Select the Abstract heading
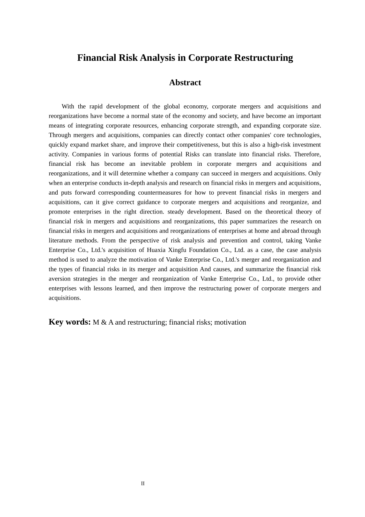pos(185,82)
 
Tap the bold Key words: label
pos(70,322)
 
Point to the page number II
pos(143,484)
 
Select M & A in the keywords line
pos(103,322)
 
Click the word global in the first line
pos(172,107)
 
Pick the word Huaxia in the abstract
pos(156,250)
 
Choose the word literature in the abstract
pos(60,240)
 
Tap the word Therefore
pos(307,154)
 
